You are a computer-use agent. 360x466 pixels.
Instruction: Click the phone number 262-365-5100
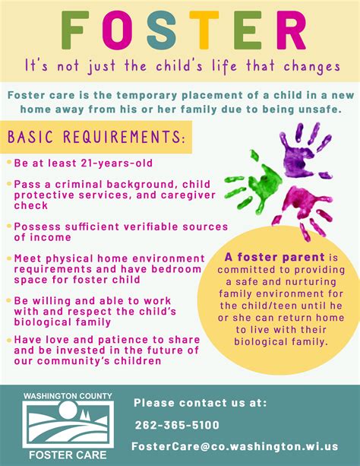(177, 426)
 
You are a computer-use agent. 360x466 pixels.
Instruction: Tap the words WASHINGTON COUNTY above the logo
(67, 396)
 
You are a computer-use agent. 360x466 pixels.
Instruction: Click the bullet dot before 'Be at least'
(8, 163)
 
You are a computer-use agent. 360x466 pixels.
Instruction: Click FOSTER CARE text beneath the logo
(68, 455)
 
